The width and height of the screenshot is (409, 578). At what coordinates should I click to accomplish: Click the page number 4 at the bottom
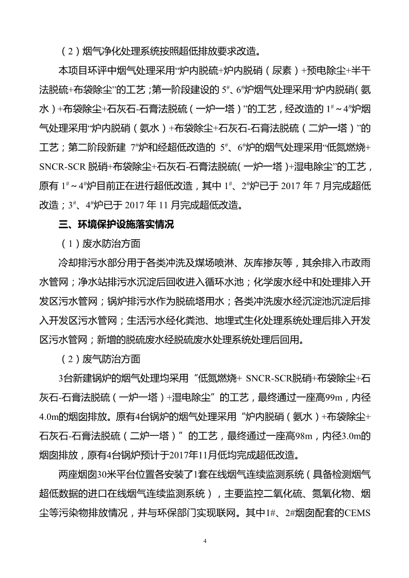coord(205,541)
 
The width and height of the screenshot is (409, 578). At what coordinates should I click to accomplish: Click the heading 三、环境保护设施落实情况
coord(117,224)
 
